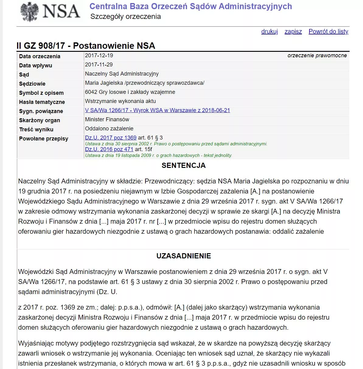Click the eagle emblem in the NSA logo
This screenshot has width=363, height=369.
pos(30,12)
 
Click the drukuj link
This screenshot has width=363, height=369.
pos(269,31)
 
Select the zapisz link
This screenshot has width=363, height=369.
pos(293,31)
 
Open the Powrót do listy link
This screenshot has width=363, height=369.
pos(328,31)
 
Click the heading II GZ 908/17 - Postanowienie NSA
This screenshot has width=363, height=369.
pos(86,46)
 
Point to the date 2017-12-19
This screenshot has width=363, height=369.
pos(99,55)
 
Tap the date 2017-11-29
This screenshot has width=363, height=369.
pos(99,65)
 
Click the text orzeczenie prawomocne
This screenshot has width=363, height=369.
pos(317,55)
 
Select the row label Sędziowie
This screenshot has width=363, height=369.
pos(32,84)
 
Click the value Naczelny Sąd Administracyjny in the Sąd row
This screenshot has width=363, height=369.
pos(122,74)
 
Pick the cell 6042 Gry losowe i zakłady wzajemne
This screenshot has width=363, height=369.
pos(130,92)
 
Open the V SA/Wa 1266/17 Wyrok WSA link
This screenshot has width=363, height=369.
pos(157,110)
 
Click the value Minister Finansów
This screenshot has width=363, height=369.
pos(107,119)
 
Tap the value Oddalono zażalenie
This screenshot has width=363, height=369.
pos(109,129)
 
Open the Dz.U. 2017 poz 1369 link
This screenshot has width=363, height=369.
pos(111,138)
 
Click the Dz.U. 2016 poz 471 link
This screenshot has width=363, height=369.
pos(109,149)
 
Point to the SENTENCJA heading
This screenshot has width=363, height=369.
pos(183,165)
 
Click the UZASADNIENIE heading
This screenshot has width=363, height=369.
pos(183,256)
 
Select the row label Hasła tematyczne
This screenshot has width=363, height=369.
pos(42,102)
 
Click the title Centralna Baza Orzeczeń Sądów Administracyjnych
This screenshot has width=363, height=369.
pos(190,6)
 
